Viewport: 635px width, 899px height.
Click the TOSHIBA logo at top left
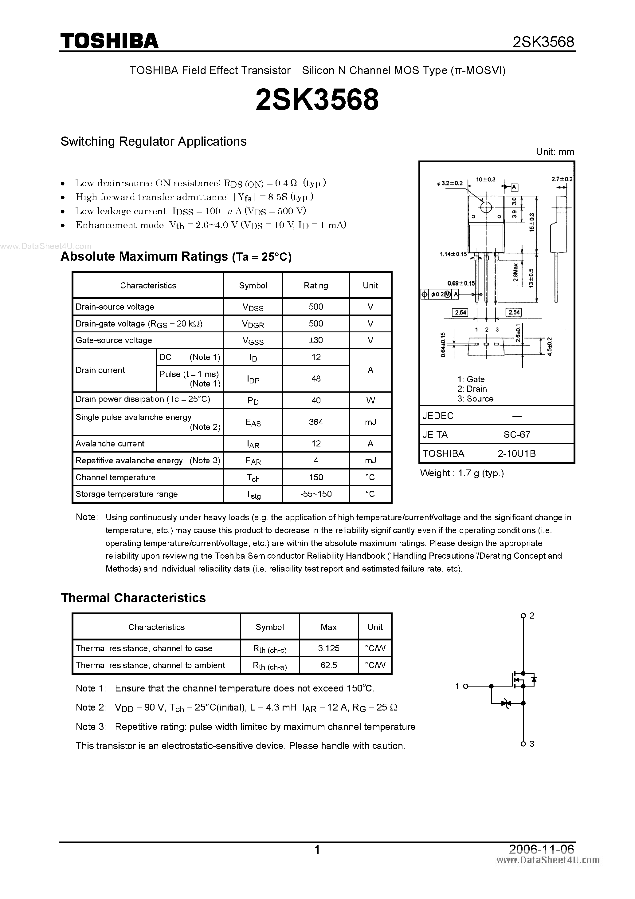[109, 41]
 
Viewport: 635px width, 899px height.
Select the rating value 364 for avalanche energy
[316, 422]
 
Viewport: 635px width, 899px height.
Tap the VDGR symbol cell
[253, 324]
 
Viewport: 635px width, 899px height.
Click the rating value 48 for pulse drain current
[316, 378]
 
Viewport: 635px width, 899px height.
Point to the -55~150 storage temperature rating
[316, 494]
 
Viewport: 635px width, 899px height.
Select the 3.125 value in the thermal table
[328, 648]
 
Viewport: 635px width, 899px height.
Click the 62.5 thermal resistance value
[328, 665]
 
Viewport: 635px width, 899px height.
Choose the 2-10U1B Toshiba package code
[516, 453]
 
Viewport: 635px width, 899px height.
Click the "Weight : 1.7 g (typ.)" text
[462, 473]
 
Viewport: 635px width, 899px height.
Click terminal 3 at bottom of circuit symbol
[523, 743]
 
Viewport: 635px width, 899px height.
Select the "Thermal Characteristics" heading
[133, 598]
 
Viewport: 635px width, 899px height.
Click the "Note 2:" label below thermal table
[91, 707]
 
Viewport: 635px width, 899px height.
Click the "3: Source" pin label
[475, 398]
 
